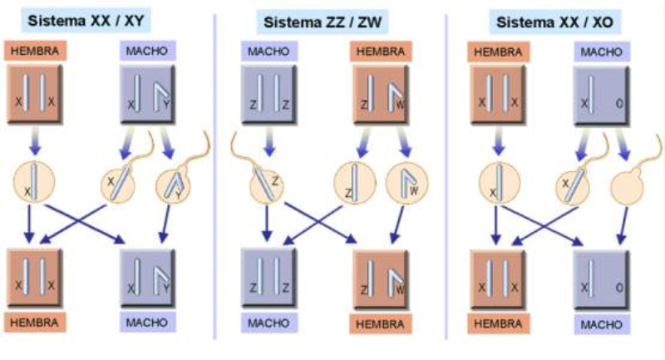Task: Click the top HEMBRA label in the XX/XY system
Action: (x=35, y=52)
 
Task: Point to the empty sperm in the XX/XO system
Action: (x=626, y=184)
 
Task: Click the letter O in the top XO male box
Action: (x=619, y=106)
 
